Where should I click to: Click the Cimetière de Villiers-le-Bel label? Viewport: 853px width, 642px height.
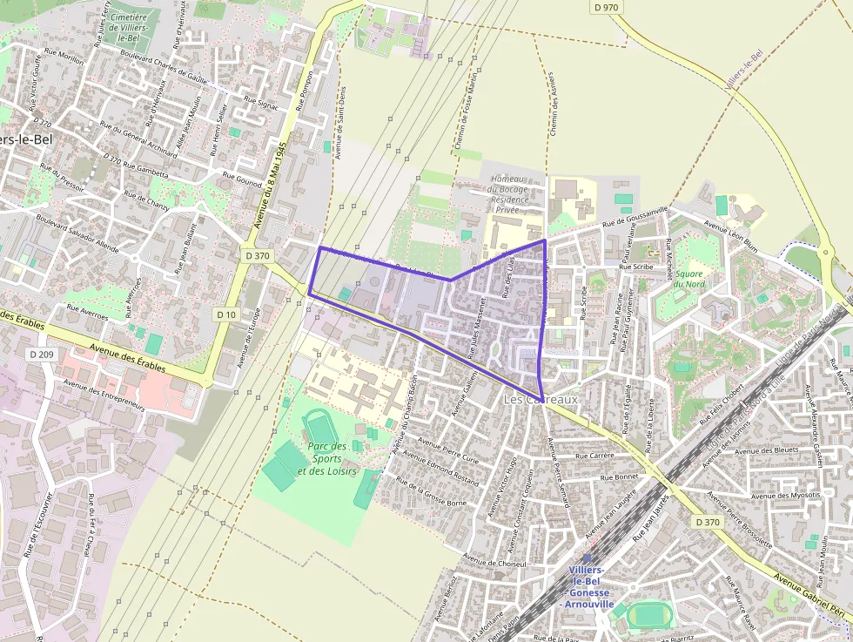129,27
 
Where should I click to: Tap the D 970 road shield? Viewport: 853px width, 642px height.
606,7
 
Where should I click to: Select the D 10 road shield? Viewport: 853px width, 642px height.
226,314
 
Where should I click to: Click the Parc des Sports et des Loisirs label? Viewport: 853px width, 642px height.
327,458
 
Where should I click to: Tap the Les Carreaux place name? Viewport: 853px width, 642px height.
541,399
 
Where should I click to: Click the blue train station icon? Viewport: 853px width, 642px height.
587,558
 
